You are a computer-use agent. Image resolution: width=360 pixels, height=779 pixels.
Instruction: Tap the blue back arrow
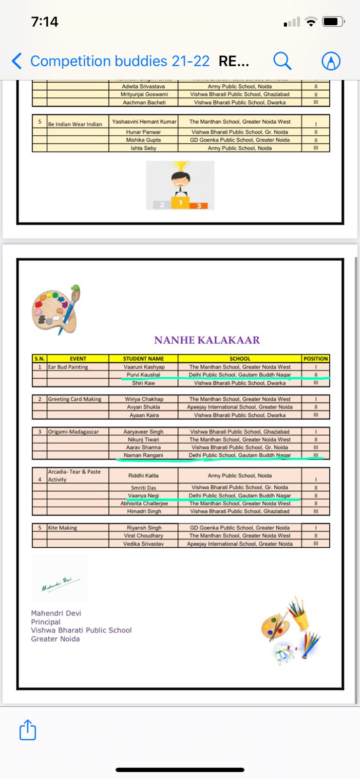[17, 61]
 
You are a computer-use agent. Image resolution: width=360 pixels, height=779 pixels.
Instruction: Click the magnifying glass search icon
[282, 61]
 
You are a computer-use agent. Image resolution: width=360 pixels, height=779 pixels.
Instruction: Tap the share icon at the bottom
[28, 730]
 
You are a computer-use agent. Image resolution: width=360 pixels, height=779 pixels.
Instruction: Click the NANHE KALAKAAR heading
[207, 340]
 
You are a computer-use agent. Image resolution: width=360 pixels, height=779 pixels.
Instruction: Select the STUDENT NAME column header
[143, 359]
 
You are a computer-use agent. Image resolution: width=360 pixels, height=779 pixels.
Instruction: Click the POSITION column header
[316, 359]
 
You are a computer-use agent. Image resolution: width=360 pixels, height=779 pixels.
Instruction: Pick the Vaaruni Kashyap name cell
[144, 367]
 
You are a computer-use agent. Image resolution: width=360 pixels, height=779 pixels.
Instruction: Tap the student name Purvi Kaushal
[143, 375]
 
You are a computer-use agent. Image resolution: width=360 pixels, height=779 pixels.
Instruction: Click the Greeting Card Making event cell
[75, 399]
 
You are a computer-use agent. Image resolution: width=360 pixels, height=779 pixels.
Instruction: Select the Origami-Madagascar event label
[73, 432]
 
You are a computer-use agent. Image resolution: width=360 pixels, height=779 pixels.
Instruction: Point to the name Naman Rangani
[143, 455]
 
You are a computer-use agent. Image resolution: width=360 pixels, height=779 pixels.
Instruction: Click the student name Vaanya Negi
[143, 496]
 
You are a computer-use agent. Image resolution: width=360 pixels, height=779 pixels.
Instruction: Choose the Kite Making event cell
[62, 528]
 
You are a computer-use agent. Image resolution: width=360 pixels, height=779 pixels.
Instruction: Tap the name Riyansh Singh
[144, 528]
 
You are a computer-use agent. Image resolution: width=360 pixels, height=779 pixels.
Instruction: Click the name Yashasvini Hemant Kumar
[144, 122]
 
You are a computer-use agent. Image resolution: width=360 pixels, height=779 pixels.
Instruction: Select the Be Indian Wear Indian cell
[75, 124]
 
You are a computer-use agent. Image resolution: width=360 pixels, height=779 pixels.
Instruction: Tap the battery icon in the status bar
[333, 22]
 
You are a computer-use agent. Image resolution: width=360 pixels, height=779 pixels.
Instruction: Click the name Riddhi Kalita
[143, 476]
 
